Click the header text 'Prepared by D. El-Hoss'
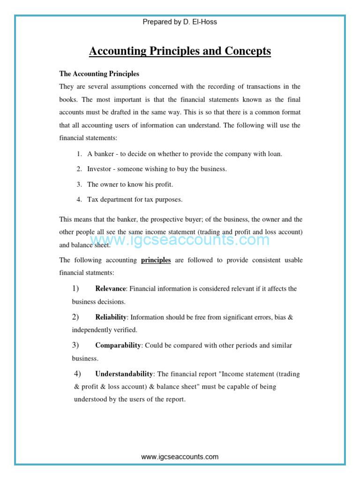pos(180,22)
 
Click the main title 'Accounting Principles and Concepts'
pos(180,51)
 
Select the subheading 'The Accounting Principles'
pos(99,74)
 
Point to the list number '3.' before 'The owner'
pos(79,184)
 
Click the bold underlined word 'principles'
pos(156,260)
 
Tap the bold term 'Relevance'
pos(111,288)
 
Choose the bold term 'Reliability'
pos(111,317)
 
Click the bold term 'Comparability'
pos(118,345)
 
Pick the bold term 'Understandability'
pos(124,374)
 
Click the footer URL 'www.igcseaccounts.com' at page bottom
pos(180,457)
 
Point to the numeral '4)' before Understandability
pos(77,374)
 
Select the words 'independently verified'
pos(105,330)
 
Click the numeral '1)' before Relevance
pos(75,288)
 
